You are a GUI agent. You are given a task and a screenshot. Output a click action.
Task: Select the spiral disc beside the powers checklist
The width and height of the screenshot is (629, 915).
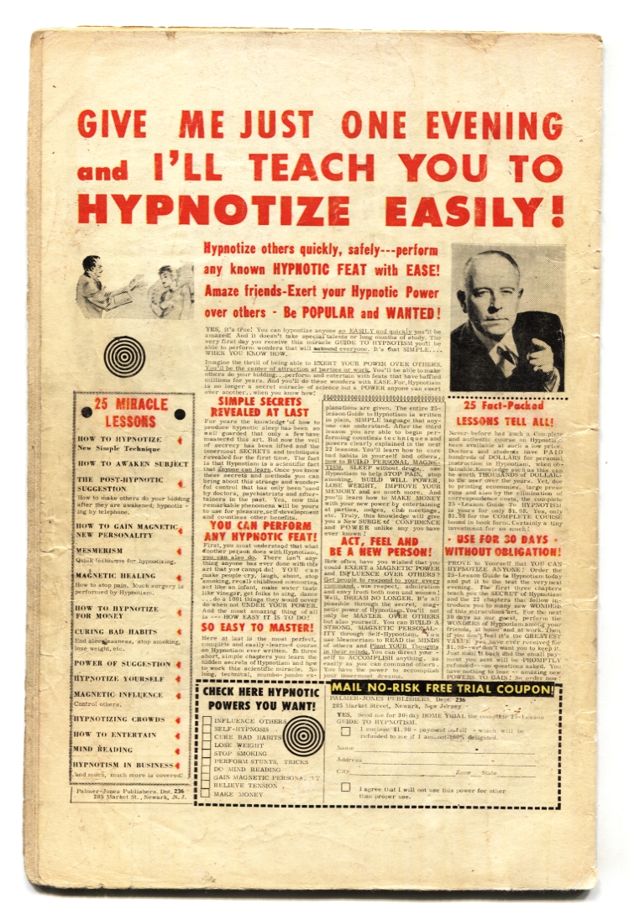point(303,735)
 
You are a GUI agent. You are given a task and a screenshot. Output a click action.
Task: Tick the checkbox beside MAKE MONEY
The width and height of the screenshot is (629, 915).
point(207,794)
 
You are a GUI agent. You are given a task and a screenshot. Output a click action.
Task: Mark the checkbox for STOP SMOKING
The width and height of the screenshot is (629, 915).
point(207,753)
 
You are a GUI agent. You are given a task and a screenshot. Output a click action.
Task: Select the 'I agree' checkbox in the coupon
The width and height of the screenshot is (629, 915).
point(345,790)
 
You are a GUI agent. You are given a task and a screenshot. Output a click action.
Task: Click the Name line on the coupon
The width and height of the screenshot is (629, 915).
point(437,748)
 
